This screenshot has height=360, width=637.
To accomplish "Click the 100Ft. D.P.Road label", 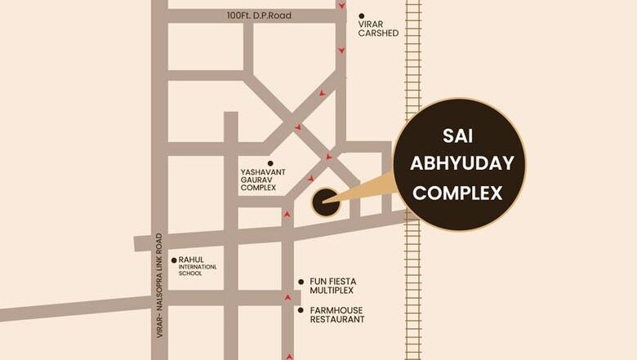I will pyautogui.click(x=259, y=16).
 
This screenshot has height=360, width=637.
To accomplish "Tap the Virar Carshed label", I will pyautogui.click(x=378, y=29).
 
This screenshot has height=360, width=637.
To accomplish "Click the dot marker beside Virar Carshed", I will pyautogui.click(x=362, y=16).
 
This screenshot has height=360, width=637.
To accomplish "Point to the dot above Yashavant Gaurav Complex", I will pyautogui.click(x=270, y=163).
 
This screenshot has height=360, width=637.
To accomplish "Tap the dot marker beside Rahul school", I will pyautogui.click(x=174, y=260).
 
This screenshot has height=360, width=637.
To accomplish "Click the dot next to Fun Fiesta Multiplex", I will pyautogui.click(x=301, y=281).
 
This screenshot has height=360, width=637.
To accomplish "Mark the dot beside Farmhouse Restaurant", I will pyautogui.click(x=301, y=310).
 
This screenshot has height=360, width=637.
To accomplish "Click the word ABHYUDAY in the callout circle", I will pyautogui.click(x=461, y=163).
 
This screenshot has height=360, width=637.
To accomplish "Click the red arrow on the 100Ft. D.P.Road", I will pyautogui.click(x=341, y=6).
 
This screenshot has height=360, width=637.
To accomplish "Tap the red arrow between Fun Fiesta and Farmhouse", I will pyautogui.click(x=287, y=297).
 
